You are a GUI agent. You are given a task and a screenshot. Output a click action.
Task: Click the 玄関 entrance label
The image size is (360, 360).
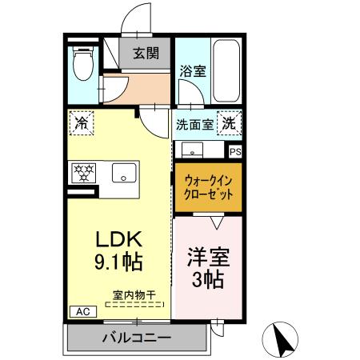145,54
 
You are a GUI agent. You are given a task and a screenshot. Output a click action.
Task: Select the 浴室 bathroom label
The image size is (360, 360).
192,70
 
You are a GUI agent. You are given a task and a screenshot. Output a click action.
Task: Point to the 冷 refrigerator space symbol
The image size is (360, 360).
81,123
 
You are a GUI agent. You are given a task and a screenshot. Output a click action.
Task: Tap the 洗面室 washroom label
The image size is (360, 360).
194,125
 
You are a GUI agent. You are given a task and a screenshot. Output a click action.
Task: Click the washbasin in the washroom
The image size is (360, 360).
192,150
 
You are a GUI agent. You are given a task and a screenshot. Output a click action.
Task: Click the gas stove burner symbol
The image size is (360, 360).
83,172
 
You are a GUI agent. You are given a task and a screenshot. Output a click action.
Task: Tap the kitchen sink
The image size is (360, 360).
123,172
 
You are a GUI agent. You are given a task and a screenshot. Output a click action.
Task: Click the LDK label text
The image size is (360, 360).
119,239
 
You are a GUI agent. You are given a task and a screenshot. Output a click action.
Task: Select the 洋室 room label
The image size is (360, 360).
208,258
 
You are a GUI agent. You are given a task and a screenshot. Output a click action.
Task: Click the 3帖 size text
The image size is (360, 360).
207,280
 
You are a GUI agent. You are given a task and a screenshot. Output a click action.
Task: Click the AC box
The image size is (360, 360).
82,311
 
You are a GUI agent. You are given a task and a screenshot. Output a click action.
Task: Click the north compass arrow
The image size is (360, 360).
282,341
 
